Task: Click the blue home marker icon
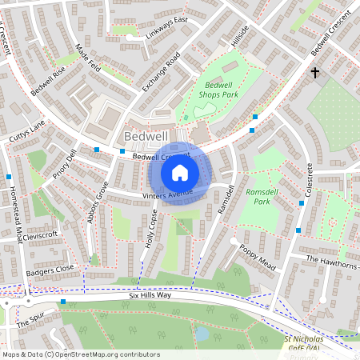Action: point(180,172)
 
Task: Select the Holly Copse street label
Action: point(150,230)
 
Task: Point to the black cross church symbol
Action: point(314,74)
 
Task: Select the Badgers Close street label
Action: point(49,268)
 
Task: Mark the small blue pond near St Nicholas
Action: point(202,332)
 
